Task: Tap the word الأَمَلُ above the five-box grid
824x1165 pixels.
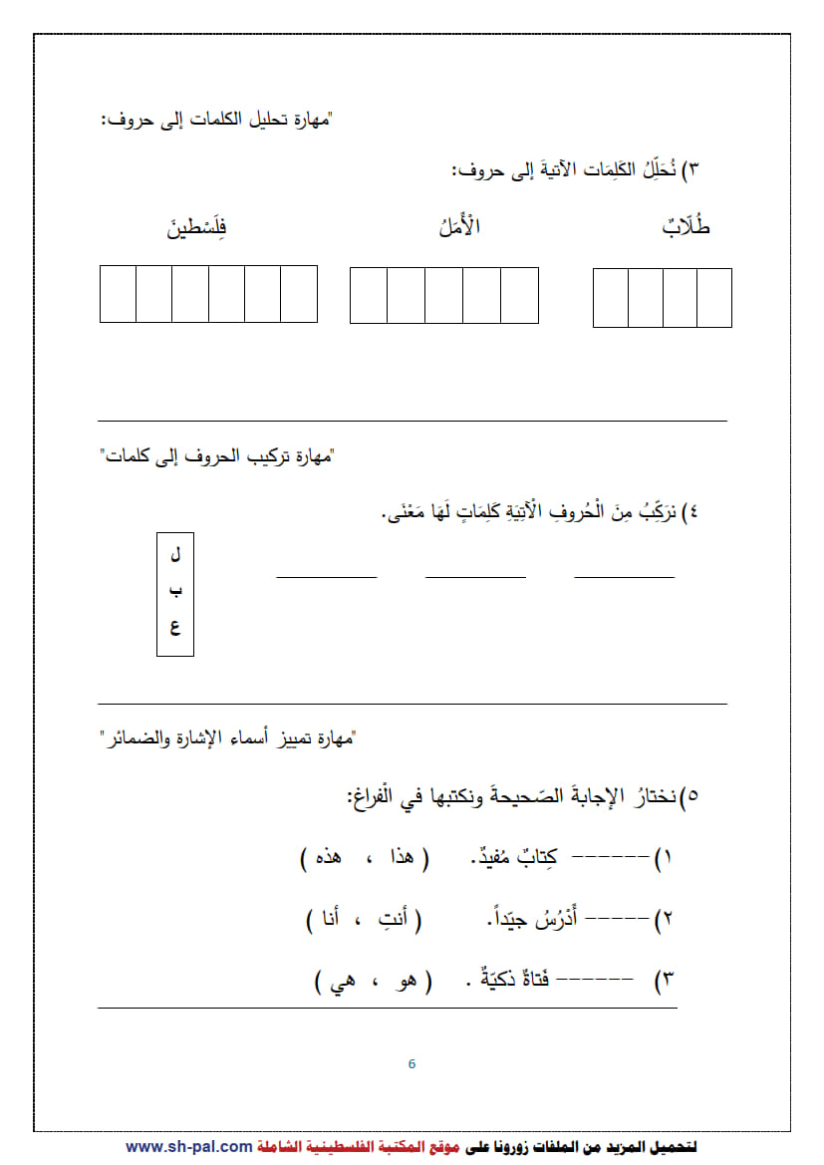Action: point(459,228)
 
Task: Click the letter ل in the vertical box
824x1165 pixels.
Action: point(175,552)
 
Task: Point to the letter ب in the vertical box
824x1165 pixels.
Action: point(175,590)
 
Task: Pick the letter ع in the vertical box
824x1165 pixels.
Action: point(175,628)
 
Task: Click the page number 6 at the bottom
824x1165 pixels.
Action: point(412,1063)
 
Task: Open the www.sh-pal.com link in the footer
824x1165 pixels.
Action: point(188,1147)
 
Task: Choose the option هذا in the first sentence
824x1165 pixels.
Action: point(404,857)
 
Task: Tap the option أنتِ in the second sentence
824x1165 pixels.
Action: point(395,919)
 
